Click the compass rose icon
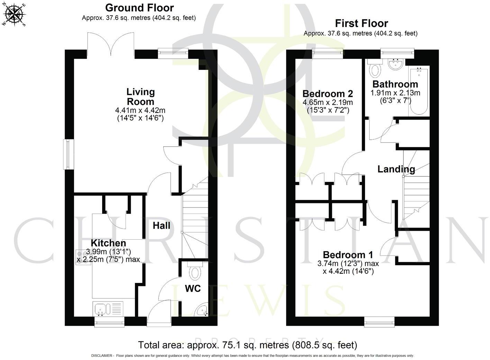click(14, 15)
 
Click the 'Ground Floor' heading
click(139, 8)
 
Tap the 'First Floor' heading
click(361, 24)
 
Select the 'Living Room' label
click(140, 97)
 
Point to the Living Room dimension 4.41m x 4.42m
click(140, 111)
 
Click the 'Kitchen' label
click(108, 243)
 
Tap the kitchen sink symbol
click(102, 308)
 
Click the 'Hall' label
click(162, 226)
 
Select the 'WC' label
click(193, 288)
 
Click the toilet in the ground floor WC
click(196, 272)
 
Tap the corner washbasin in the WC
click(202, 311)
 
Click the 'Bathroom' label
click(395, 84)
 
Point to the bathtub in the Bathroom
click(419, 92)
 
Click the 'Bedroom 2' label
click(327, 94)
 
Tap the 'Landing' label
click(396, 169)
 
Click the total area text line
click(247, 345)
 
